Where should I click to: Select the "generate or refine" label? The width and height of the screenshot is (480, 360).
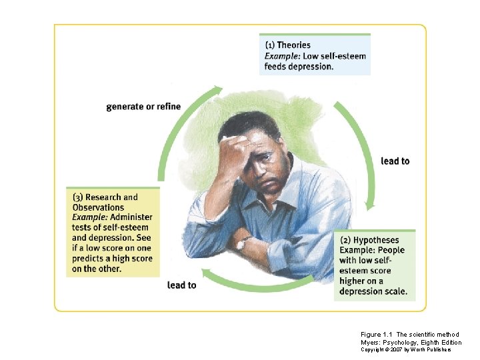[143, 107]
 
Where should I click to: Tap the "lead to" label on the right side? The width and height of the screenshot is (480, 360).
[395, 161]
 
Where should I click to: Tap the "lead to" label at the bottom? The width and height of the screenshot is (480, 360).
[181, 285]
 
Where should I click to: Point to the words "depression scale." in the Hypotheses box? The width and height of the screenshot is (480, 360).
[373, 292]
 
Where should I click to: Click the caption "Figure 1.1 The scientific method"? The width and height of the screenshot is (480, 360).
[409, 335]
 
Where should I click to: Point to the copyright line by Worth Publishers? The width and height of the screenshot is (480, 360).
[406, 349]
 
